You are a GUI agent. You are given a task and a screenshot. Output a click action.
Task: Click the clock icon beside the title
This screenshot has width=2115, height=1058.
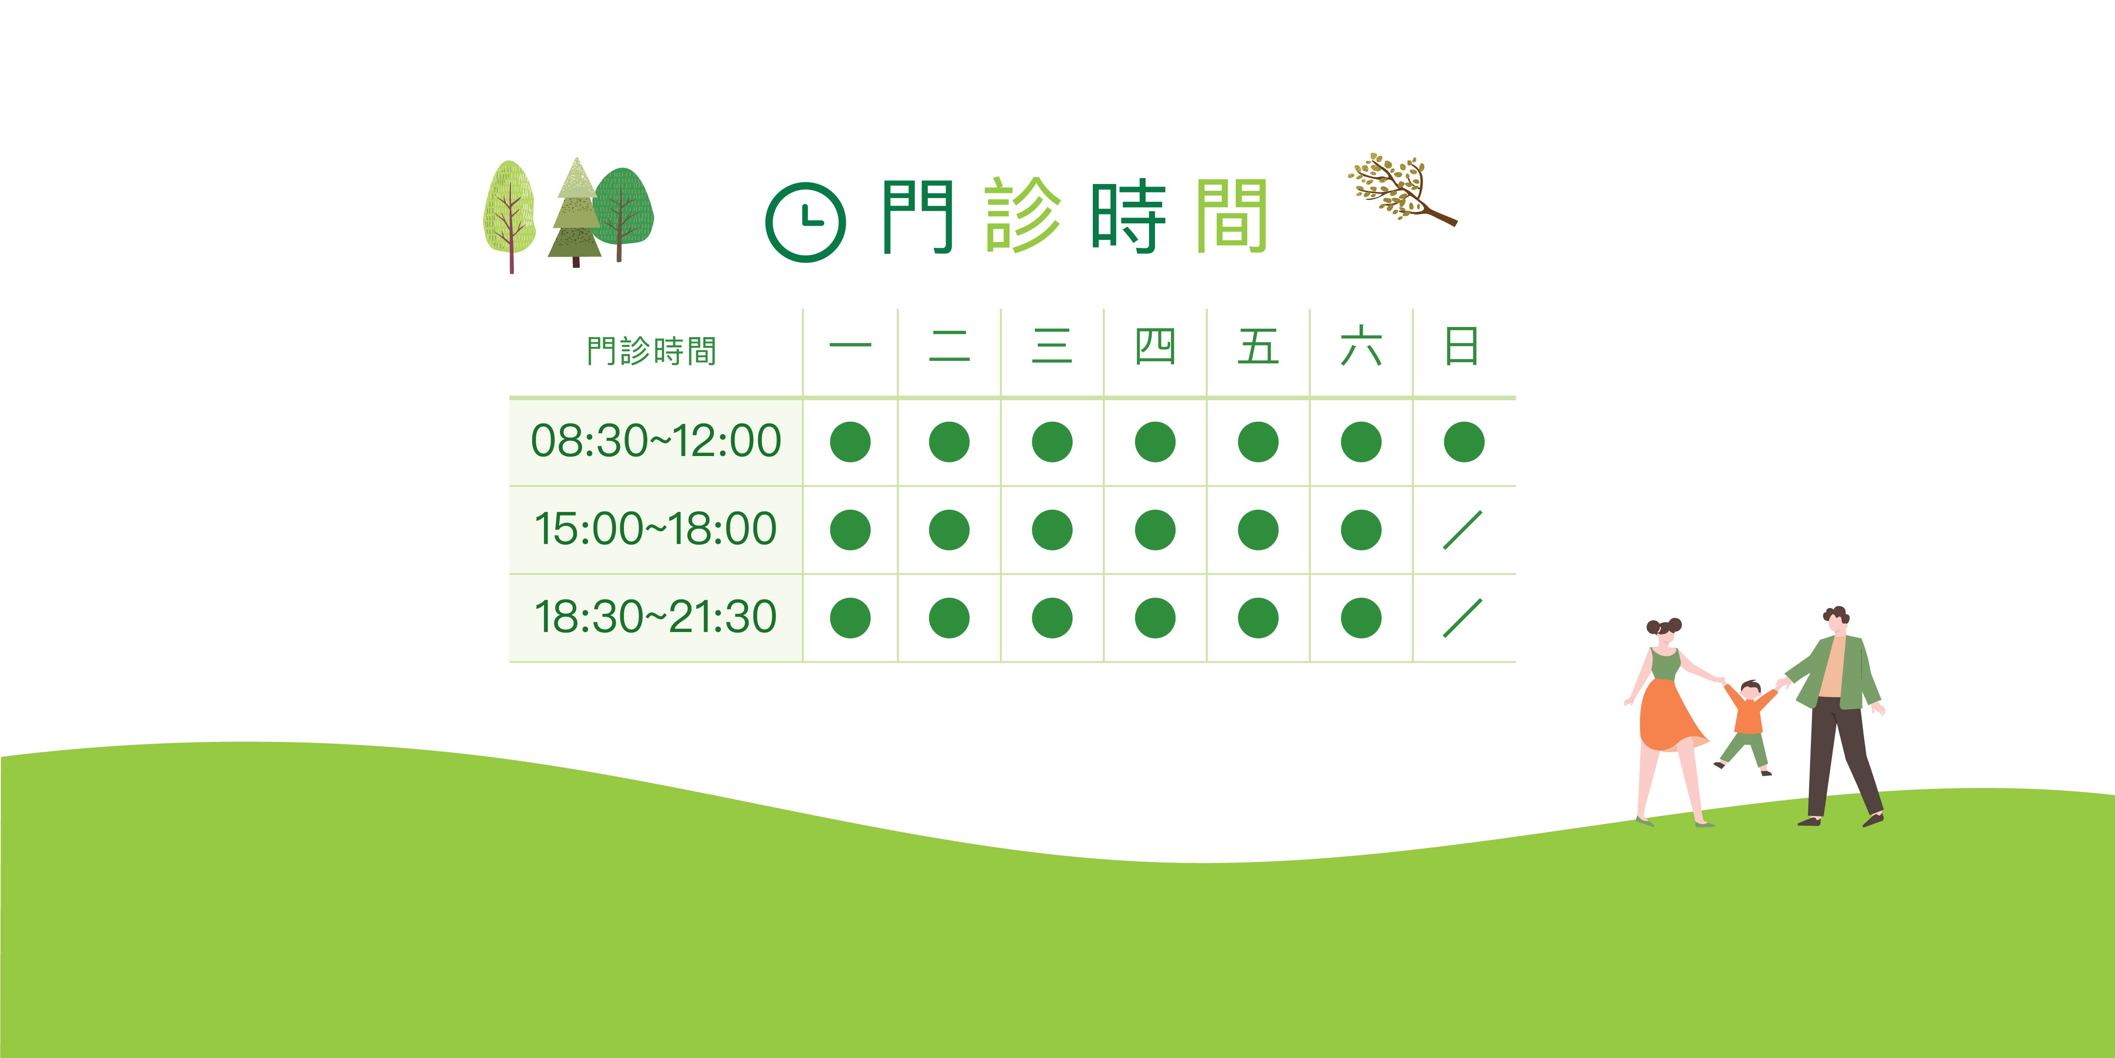coord(805,222)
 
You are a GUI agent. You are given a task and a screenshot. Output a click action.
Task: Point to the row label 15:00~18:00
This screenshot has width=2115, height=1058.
coord(655,528)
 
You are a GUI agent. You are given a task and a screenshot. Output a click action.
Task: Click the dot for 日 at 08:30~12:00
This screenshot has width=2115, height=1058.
coord(1464,442)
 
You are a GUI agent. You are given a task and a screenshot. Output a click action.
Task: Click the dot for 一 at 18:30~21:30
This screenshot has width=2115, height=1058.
coord(850,618)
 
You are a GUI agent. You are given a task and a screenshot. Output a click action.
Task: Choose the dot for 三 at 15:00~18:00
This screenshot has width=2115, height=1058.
coord(1052,530)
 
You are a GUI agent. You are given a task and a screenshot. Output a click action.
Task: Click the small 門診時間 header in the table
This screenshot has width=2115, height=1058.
coord(651,351)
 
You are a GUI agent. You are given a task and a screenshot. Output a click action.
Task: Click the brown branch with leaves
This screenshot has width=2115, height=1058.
coord(1402,190)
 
